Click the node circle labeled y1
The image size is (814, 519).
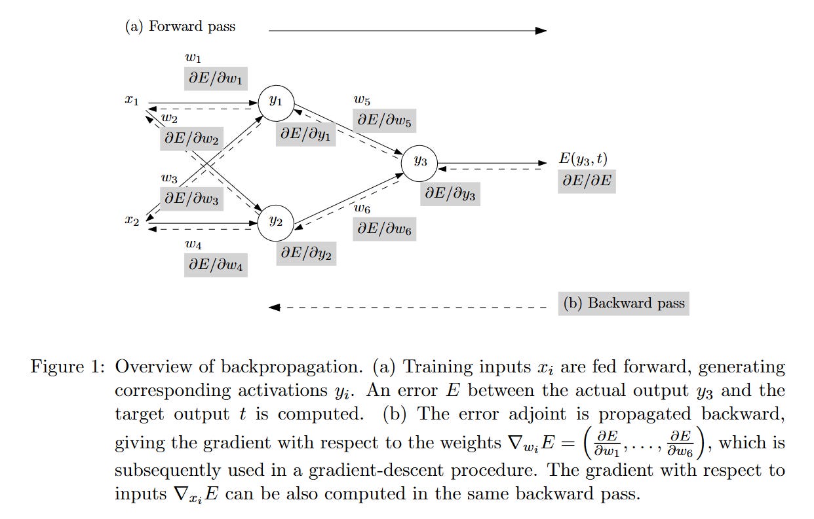276,101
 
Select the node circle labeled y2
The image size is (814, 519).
276,221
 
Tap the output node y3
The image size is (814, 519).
419,163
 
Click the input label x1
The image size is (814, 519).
132,101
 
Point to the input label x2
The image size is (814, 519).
132,221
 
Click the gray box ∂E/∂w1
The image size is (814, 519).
216,78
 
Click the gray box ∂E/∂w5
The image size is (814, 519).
385,120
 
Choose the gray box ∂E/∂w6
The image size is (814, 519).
385,229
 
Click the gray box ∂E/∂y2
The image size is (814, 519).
306,252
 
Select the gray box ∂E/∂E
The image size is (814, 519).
587,181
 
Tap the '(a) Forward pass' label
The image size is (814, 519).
180,27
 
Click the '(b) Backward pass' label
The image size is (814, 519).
623,303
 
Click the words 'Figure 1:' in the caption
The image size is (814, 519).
68,367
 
